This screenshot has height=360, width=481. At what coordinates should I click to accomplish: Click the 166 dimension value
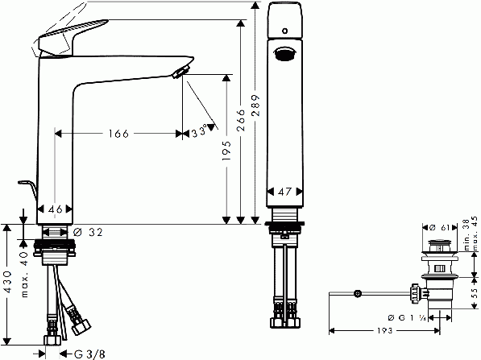click(118, 134)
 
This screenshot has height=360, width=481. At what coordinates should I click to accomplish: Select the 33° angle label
click(199, 132)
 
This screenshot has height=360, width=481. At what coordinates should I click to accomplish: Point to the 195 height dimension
click(226, 151)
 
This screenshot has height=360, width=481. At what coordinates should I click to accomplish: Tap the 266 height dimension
click(241, 120)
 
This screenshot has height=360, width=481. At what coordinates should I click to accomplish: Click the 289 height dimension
click(255, 106)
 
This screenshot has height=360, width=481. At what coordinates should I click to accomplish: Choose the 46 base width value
click(56, 209)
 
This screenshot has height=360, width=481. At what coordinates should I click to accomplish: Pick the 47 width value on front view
click(284, 192)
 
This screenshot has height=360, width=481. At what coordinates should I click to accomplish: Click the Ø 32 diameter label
click(89, 232)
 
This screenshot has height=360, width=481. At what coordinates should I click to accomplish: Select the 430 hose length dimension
click(7, 282)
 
